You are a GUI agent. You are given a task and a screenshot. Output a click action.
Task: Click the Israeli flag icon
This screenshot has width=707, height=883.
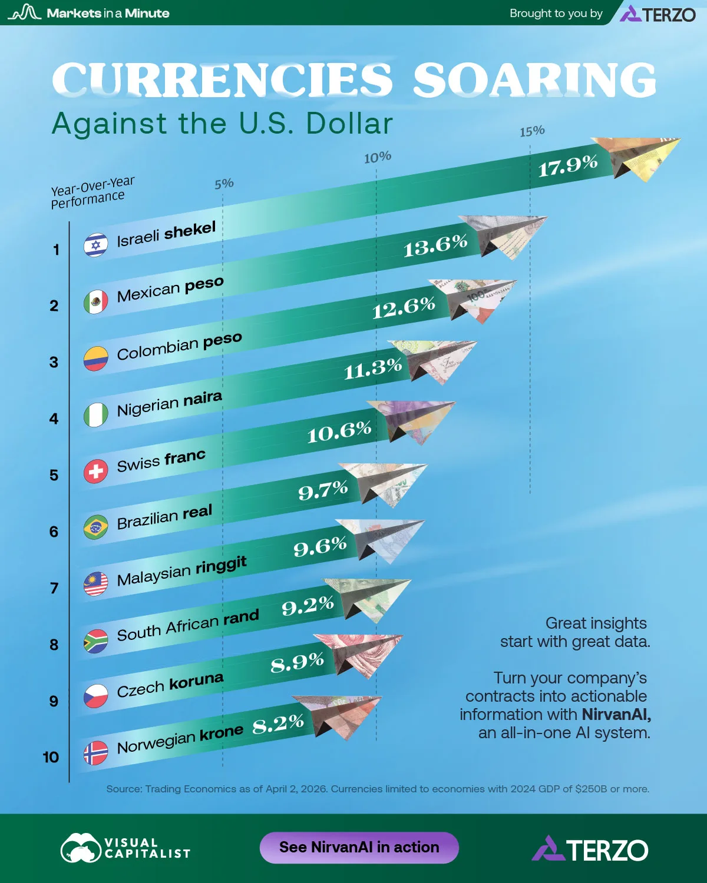pyautogui.click(x=95, y=245)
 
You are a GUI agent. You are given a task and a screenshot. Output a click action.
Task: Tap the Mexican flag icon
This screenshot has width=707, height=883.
pyautogui.click(x=95, y=302)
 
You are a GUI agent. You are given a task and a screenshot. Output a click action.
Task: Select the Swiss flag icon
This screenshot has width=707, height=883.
pyautogui.click(x=95, y=472)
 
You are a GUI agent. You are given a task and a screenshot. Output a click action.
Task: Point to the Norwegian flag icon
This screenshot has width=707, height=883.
pyautogui.click(x=95, y=753)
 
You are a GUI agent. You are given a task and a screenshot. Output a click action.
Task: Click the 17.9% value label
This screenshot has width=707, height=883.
pyautogui.click(x=568, y=166)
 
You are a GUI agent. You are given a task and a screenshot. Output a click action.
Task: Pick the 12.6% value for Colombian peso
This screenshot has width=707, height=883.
pyautogui.click(x=404, y=307)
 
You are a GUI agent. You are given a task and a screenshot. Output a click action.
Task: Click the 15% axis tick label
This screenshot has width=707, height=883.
pyautogui.click(x=532, y=131)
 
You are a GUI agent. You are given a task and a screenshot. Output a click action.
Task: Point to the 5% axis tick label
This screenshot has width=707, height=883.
pyautogui.click(x=224, y=184)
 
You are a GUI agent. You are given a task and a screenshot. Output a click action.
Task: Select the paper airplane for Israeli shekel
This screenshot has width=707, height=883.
pyautogui.click(x=639, y=158)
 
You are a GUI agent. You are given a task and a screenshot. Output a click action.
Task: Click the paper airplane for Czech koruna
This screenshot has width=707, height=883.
pyautogui.click(x=359, y=653)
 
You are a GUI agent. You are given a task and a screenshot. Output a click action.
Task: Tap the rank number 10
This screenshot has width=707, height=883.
pyautogui.click(x=51, y=757)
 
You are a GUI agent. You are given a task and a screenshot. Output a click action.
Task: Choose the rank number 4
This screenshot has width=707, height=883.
pyautogui.click(x=54, y=419)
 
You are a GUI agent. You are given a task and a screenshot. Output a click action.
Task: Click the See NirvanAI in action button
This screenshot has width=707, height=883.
pyautogui.click(x=359, y=847)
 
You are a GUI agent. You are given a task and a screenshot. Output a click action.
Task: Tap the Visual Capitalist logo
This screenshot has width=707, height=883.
pyautogui.click(x=125, y=848)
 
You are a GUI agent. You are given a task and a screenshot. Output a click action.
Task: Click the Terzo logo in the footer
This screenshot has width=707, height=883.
pyautogui.click(x=590, y=849)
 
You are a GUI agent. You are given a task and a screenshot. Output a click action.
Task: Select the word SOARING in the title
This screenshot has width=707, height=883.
pyautogui.click(x=534, y=81)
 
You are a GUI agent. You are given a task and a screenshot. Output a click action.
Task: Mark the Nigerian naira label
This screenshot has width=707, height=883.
pyautogui.click(x=169, y=404)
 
